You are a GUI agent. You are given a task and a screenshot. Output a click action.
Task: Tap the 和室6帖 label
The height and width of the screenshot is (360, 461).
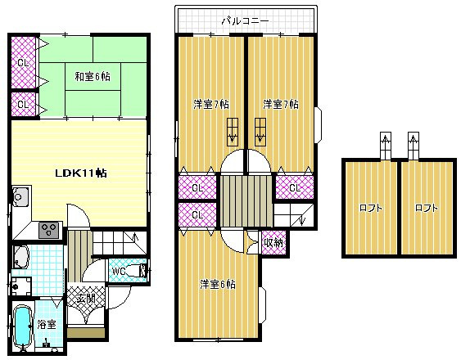93,77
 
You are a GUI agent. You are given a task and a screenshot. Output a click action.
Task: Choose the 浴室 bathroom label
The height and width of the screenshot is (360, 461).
47,325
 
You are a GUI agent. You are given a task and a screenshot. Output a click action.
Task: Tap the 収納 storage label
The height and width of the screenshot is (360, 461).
273,241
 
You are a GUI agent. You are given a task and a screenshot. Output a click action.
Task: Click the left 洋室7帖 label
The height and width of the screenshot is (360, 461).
211,104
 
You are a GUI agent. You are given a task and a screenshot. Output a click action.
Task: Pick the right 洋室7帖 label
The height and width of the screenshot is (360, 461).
280,104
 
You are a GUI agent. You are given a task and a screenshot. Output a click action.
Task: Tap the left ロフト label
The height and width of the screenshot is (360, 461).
370,208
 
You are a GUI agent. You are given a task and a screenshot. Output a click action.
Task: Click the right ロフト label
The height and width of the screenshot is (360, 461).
426,208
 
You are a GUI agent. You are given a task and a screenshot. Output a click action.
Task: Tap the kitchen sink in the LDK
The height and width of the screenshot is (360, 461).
20,197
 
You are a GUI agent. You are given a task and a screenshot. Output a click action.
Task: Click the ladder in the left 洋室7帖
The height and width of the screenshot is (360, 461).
233,129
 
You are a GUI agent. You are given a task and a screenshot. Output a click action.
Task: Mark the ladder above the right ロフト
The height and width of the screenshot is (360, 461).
414,146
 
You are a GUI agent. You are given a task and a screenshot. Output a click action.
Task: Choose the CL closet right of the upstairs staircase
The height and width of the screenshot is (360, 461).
292,187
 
